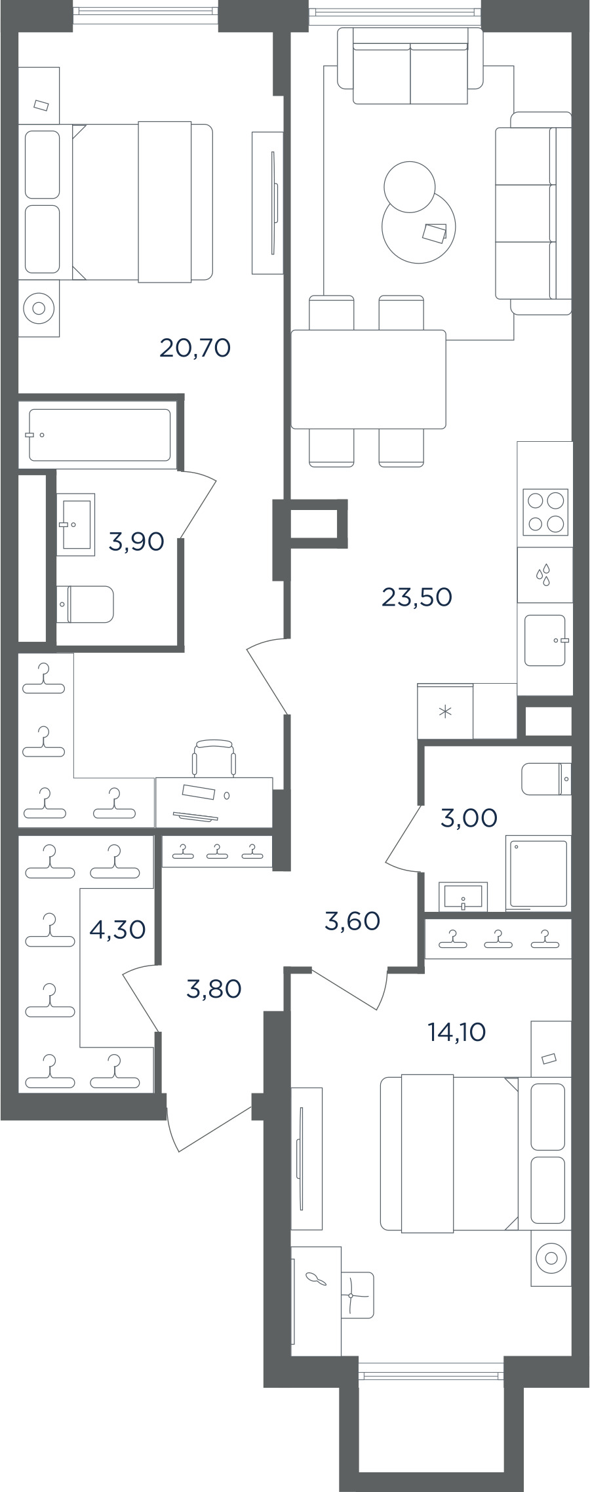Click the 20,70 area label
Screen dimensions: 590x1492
click(195, 348)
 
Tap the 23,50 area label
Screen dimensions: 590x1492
click(417, 597)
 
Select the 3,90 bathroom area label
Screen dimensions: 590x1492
click(136, 542)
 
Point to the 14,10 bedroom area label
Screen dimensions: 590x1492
click(456, 1032)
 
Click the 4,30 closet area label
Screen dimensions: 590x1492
click(117, 930)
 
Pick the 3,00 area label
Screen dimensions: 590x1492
click(469, 818)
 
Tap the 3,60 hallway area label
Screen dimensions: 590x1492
click(352, 921)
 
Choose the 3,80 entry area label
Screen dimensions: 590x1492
click(214, 989)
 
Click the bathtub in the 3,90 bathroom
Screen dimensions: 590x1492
click(100, 435)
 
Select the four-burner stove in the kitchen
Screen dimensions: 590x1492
click(545, 512)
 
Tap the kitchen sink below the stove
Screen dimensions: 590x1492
click(545, 640)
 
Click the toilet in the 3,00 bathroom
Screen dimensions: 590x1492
click(546, 779)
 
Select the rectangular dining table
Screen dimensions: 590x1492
click(368, 380)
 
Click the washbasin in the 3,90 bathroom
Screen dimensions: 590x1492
click(76, 524)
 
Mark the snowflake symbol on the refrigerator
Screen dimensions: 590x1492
click(445, 711)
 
